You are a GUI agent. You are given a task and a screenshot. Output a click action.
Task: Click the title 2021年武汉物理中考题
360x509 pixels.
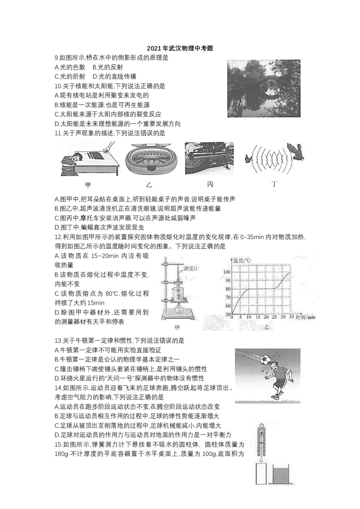[x=180, y=49]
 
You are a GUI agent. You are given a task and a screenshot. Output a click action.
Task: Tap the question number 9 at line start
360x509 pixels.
[x=57, y=58]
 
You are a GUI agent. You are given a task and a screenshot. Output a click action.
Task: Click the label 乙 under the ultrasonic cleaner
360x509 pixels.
[x=149, y=185]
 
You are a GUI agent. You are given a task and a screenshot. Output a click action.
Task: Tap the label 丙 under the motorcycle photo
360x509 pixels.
[x=210, y=185]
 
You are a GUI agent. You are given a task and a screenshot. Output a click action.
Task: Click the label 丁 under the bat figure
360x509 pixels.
[x=274, y=184]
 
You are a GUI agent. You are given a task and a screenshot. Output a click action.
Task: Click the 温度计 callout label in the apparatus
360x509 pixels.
[x=191, y=268]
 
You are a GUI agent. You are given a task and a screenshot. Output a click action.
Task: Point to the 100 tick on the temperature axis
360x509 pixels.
[x=226, y=272]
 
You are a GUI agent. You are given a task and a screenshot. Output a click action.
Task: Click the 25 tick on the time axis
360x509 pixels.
[x=274, y=317]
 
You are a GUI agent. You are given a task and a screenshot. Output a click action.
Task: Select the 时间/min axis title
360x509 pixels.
[x=306, y=317]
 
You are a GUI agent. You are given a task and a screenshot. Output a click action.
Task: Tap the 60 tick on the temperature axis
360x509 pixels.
[x=228, y=306]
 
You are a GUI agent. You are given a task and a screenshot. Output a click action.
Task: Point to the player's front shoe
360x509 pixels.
[x=275, y=397]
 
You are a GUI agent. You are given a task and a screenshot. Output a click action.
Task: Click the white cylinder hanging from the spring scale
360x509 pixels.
[x=261, y=473]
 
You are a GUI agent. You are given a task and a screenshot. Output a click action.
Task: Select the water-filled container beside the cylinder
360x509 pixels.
[x=281, y=474]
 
